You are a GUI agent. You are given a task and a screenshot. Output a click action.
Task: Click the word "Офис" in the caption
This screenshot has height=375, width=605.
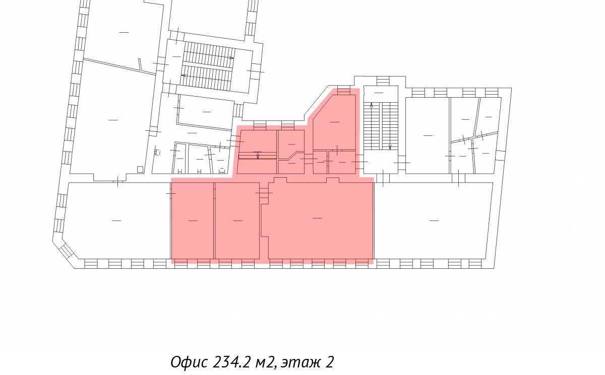[x=189, y=362]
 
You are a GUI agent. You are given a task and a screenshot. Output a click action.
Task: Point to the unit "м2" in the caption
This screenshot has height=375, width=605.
[x=266, y=362]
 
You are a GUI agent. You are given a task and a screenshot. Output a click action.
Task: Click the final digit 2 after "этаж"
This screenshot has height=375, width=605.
[x=330, y=362]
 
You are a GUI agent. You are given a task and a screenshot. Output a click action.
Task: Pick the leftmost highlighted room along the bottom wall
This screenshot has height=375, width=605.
[x=192, y=220]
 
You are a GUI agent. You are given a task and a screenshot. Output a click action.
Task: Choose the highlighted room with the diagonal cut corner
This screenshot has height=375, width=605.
[x=334, y=122]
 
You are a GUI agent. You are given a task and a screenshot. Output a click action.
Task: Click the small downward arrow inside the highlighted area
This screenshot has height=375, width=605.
[x=258, y=155]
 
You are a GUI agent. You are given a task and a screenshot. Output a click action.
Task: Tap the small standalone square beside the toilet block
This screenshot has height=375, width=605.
[x=140, y=169]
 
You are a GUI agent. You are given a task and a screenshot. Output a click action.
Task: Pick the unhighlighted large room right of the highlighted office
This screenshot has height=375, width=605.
[x=434, y=220]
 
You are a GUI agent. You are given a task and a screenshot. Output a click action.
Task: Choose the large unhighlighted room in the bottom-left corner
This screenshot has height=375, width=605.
[x=116, y=220]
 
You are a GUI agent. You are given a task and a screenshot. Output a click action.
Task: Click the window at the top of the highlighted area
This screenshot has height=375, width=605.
[x=343, y=92]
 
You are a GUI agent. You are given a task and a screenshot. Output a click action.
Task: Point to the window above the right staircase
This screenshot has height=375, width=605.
[x=383, y=81]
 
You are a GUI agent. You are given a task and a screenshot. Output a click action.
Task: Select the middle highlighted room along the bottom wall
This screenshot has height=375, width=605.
[x=237, y=220]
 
